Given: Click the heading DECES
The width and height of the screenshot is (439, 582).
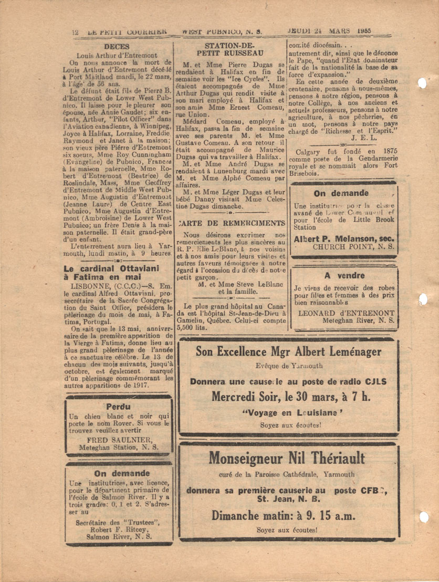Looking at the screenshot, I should coord(121,46).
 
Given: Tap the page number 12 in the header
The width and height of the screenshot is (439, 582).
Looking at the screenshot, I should coord(75,32).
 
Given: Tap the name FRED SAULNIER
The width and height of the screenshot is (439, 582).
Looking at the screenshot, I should coord(120,439).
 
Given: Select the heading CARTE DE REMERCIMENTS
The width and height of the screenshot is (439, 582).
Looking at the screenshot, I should coord(232,223).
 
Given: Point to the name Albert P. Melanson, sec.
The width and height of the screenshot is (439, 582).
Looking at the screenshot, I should coord(344,238).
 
